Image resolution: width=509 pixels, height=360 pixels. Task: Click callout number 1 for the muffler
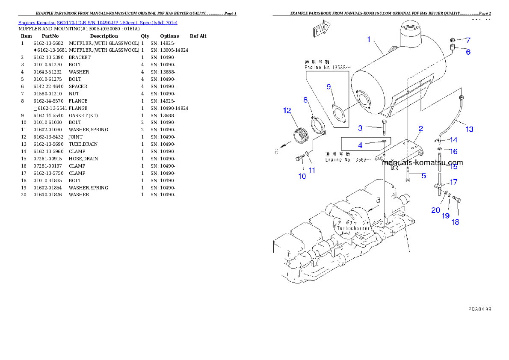tap(368, 40)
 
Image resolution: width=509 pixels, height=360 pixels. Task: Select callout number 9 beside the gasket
tap(329, 87)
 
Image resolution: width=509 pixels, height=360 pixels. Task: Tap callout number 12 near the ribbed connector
tap(287, 111)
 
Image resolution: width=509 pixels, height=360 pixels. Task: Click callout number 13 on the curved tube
tap(469, 129)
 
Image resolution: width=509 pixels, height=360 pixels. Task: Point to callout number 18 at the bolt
tap(456, 222)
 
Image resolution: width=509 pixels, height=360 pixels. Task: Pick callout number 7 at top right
tap(468, 40)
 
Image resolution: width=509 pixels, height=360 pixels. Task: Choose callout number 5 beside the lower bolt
tap(423, 175)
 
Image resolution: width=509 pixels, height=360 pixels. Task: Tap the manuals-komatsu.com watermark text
tap(422, 162)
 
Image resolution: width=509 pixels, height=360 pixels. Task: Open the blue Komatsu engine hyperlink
tap(98, 22)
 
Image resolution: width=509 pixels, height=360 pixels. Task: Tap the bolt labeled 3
tap(384, 128)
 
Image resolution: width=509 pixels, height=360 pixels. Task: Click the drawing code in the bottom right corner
tap(479, 308)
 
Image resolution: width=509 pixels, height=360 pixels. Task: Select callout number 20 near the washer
tap(435, 210)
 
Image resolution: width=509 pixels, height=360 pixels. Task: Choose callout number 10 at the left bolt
tap(302, 176)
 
